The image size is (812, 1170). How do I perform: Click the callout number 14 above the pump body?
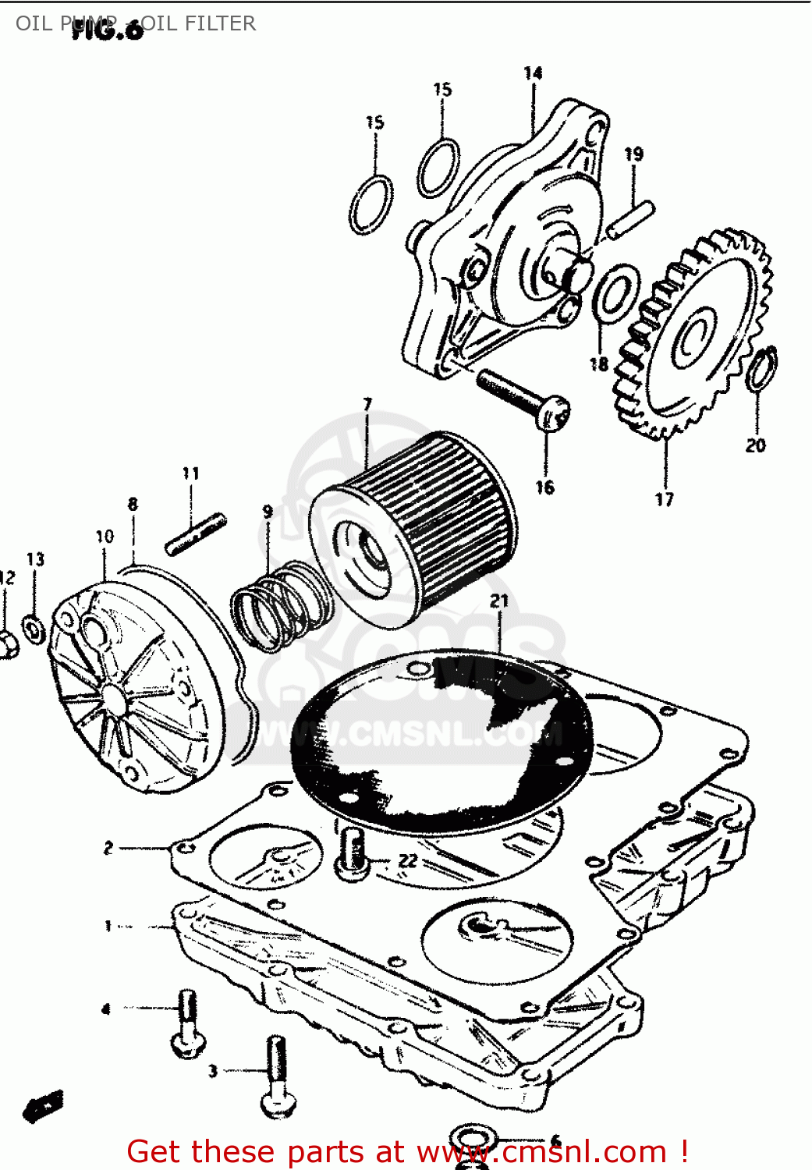pos(533,73)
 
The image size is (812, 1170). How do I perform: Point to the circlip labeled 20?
pos(761,368)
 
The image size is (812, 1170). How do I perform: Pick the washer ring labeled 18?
pos(616,294)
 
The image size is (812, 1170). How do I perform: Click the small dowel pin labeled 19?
pos(631,219)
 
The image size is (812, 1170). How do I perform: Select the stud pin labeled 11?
pos(196,534)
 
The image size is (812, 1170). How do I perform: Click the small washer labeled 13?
pos(34,628)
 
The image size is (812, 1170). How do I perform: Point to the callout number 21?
pos(499,601)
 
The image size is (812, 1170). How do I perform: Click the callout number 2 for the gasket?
pos(108,847)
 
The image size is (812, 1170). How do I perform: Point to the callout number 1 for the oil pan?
pos(108,926)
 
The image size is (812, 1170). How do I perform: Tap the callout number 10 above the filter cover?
pos(105,537)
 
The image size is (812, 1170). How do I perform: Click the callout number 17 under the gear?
pos(664,499)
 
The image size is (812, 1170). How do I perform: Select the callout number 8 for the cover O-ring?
pos(133,504)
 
